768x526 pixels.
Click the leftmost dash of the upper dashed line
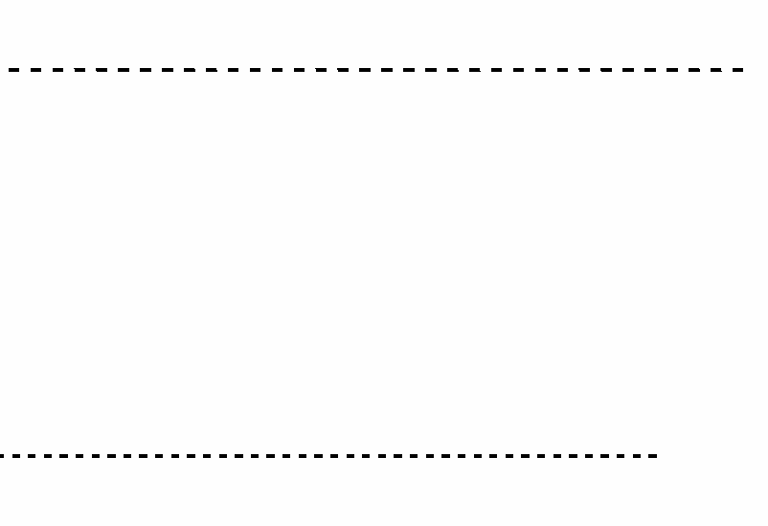coord(13,70)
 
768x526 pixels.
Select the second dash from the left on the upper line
coord(35,70)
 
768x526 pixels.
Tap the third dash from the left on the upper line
coord(57,70)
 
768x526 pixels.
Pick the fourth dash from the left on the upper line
coord(79,70)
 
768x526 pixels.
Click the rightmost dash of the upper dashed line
coord(738,70)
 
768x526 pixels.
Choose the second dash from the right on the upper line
coord(716,70)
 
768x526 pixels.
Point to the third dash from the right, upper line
coord(694,70)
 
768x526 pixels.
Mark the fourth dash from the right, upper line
coord(672,70)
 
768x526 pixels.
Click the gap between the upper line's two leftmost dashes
coord(25,70)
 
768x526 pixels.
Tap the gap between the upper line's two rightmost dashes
coord(727,70)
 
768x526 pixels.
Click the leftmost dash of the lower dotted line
coord(2,456)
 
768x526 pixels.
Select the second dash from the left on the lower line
coord(16,456)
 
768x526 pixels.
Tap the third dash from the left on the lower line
coord(32,456)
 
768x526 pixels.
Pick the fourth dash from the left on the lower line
coord(48,456)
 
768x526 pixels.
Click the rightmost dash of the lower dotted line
coord(652,456)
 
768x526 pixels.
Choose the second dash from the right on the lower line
coord(637,456)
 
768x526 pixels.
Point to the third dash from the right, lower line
coord(621,456)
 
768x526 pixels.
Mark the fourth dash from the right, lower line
coord(604,456)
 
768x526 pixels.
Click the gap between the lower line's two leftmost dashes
coord(8,456)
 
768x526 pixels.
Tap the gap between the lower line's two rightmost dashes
coord(644,456)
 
